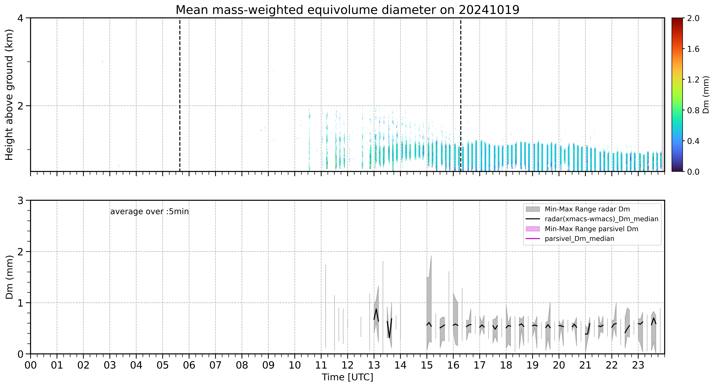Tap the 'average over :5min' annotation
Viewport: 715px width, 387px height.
point(149,212)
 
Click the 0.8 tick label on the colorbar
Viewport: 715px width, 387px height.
point(693,110)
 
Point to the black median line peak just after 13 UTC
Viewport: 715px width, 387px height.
point(376,309)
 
